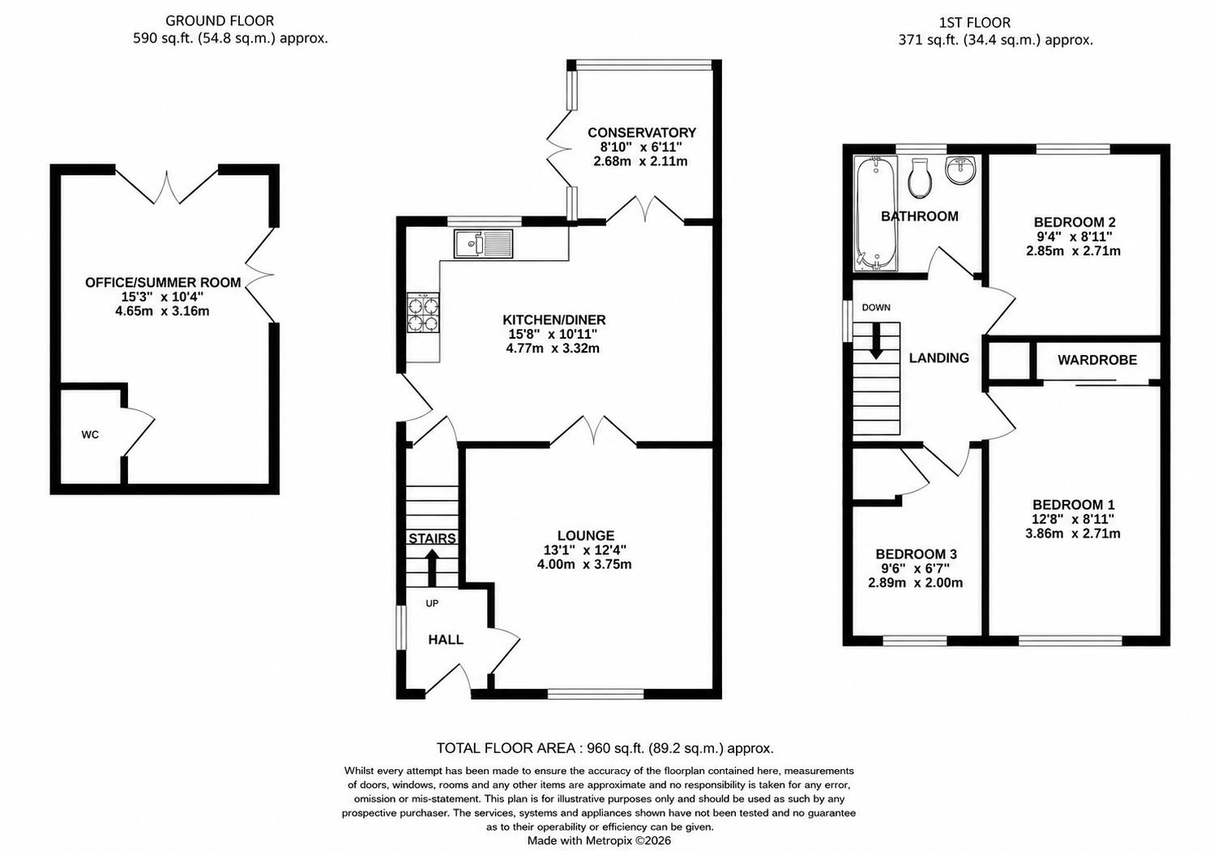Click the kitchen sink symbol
pyautogui.click(x=484, y=244)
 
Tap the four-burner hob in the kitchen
pyautogui.click(x=423, y=312)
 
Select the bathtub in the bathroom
pyautogui.click(x=875, y=213)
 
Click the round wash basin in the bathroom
pyautogui.click(x=960, y=169)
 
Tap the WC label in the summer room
pyautogui.click(x=90, y=434)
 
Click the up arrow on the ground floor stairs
pyautogui.click(x=432, y=567)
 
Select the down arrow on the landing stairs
pyautogui.click(x=876, y=341)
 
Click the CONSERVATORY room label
pyautogui.click(x=642, y=133)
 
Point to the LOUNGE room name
pyautogui.click(x=586, y=536)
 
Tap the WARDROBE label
pyautogui.click(x=1097, y=360)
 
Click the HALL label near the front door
pyautogui.click(x=446, y=639)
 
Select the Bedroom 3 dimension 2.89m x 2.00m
pyautogui.click(x=916, y=584)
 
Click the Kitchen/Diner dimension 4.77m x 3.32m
pyautogui.click(x=552, y=348)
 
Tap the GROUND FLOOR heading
pyautogui.click(x=220, y=21)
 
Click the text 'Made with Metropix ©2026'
pyautogui.click(x=599, y=840)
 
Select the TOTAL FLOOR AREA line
pyautogui.click(x=605, y=749)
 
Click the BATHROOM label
pyautogui.click(x=919, y=216)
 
